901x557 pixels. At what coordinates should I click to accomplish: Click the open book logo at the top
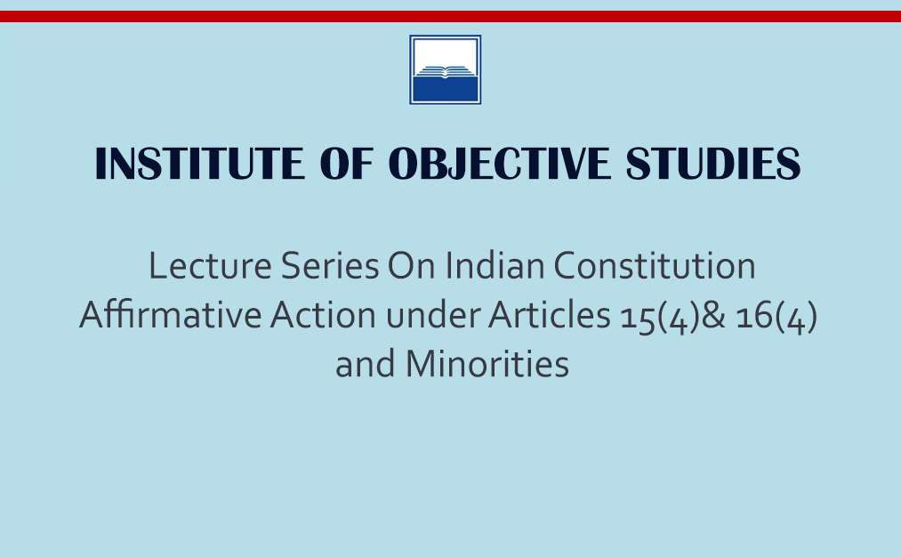(x=446, y=69)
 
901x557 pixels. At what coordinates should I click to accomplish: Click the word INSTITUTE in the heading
(x=200, y=164)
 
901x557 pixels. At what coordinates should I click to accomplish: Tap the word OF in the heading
(x=347, y=164)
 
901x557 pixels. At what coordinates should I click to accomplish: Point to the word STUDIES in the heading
(x=713, y=164)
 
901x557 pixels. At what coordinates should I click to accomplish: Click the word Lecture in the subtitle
(x=210, y=265)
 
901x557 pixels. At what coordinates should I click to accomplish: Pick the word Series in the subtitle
(x=330, y=265)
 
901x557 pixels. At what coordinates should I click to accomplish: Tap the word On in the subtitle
(x=412, y=265)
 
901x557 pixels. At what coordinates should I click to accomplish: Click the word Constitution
(x=655, y=265)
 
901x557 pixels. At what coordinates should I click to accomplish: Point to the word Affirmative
(x=170, y=315)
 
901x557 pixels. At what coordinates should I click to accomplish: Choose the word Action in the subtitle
(x=324, y=315)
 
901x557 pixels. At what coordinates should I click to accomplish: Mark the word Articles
(x=550, y=315)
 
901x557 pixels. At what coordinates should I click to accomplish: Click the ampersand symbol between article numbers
(x=713, y=316)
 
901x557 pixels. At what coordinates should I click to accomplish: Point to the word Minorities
(x=487, y=365)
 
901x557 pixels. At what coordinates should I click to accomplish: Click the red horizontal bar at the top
(x=450, y=16)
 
